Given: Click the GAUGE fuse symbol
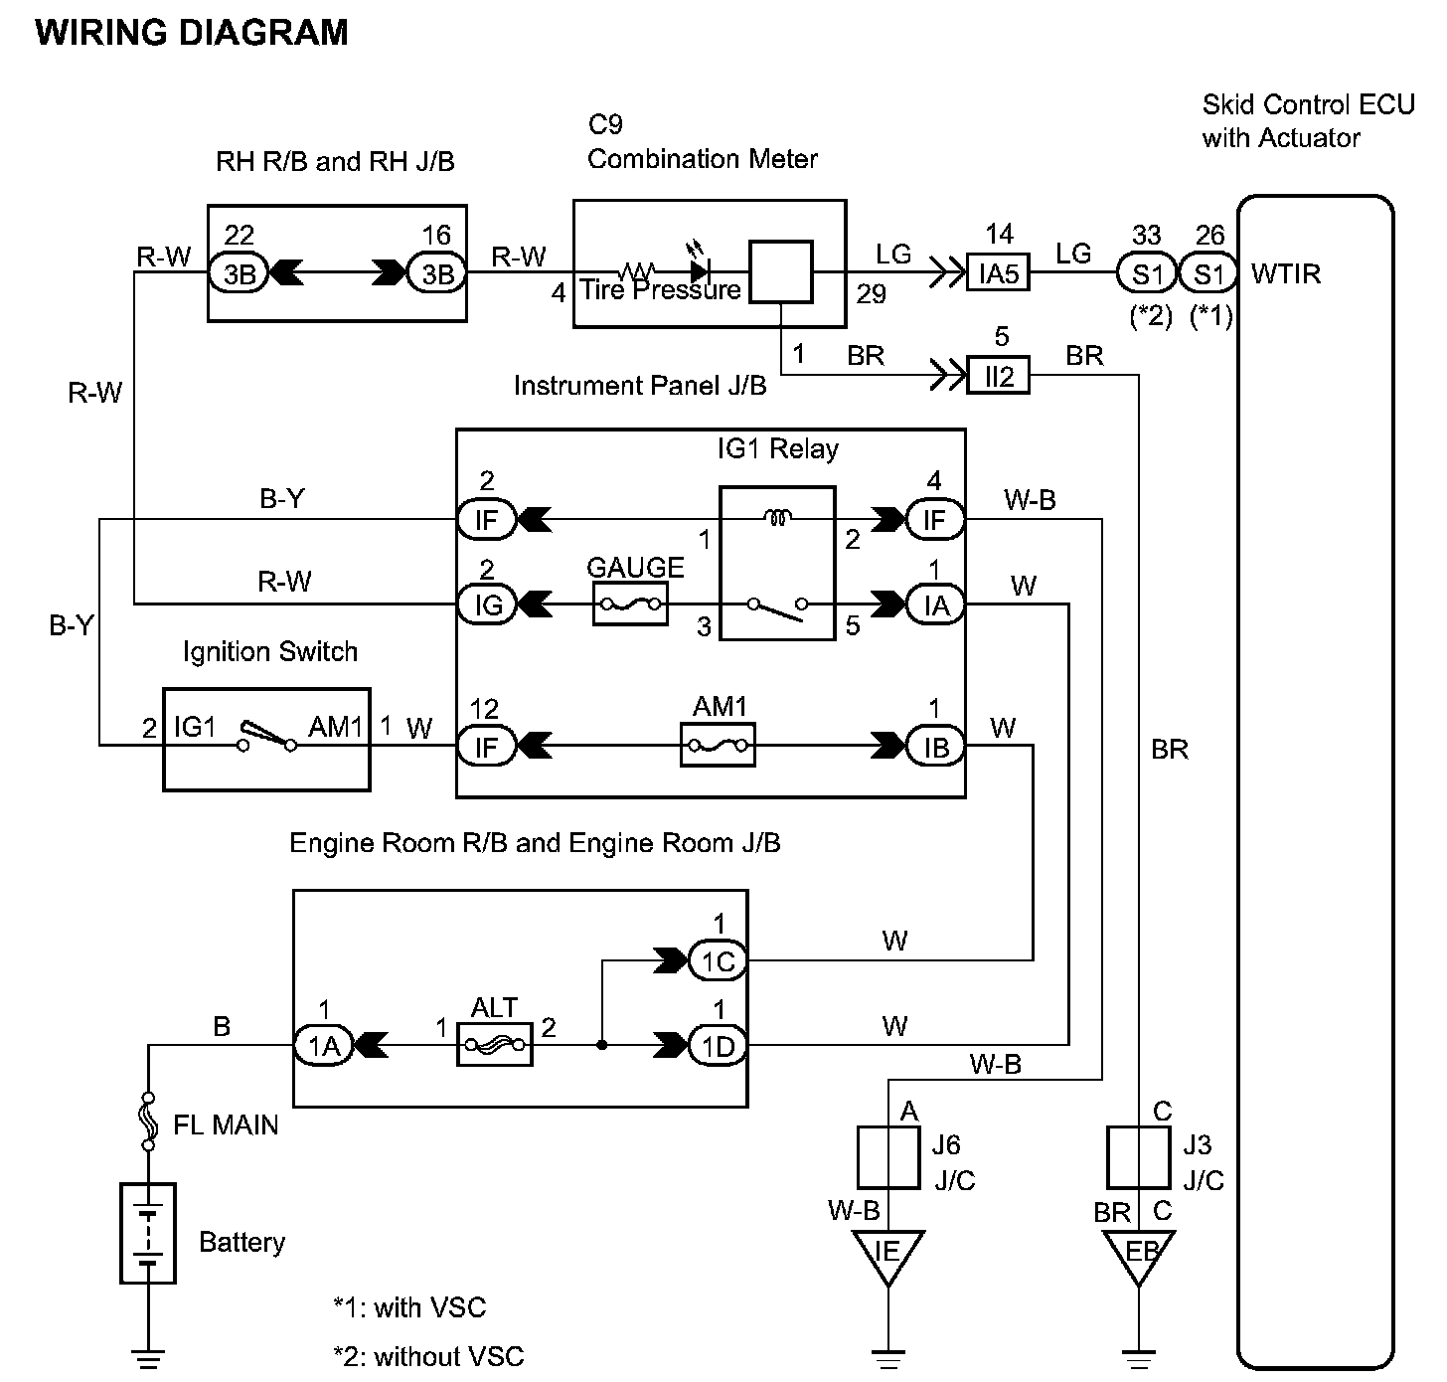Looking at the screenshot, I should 629,604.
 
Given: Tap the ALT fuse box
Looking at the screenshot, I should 494,1045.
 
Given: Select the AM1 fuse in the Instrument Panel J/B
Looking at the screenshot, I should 718,746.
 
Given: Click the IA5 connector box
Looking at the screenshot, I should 998,273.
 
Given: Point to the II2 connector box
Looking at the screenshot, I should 998,376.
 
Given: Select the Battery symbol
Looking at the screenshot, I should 148,1233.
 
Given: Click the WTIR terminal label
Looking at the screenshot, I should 1286,274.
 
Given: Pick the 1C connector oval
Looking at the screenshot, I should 718,960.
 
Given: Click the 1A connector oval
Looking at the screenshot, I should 324,1045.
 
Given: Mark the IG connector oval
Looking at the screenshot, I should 487,605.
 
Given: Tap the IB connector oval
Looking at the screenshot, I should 935,747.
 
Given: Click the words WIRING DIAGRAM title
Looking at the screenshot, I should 192,33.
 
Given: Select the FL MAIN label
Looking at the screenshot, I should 226,1125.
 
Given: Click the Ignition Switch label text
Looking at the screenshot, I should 269,652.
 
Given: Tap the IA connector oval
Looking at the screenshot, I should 935,605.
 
